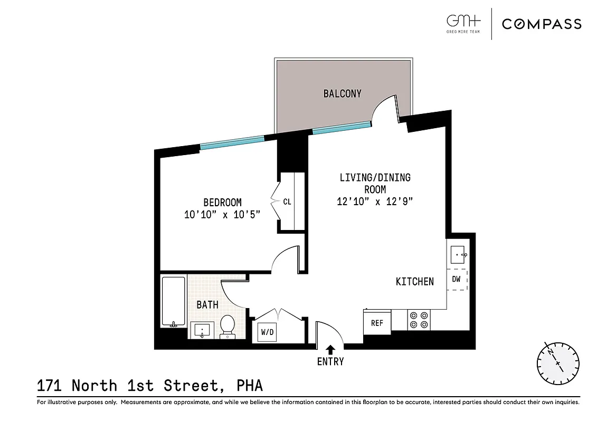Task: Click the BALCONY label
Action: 342,94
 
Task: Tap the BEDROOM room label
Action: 222,203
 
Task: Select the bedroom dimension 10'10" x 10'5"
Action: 222,215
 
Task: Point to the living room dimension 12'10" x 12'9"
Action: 374,201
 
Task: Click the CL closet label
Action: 287,202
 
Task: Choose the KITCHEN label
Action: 415,282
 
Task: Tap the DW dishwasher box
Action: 457,280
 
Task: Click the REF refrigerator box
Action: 377,323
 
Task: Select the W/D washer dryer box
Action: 267,332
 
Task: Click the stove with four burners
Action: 419,320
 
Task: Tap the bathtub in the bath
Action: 173,301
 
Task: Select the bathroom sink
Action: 202,330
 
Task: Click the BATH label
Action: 207,304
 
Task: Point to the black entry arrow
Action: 330,349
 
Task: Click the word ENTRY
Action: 330,361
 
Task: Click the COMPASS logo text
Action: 542,24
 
